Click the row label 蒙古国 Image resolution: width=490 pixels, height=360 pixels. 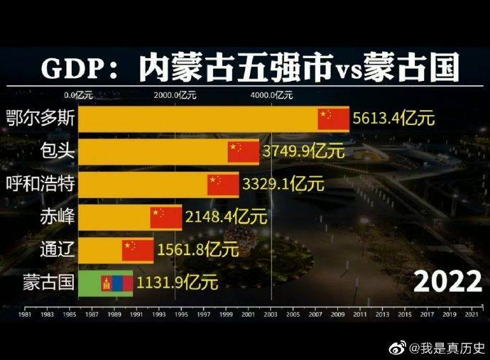click(48, 283)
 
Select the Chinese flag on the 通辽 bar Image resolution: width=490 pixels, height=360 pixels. click(137, 250)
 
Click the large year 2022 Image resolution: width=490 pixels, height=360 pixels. click(447, 282)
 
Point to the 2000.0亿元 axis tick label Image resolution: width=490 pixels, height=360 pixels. click(175, 94)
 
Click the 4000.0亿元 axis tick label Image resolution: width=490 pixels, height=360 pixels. click(271, 94)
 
